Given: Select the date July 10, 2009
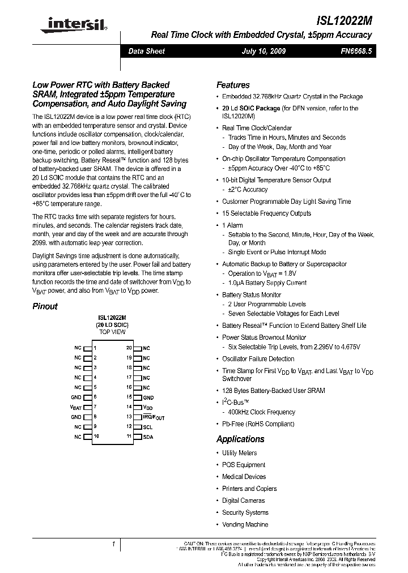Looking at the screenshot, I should coord(263,51).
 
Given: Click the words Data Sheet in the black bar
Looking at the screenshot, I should coord(146,51).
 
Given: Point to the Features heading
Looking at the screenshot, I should coord(233,84).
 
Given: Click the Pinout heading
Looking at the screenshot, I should coord(45,306).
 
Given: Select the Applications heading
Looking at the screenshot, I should coord(240,439).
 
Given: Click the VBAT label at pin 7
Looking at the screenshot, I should coord(76,407).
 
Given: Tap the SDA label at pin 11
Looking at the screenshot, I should coord(147,437).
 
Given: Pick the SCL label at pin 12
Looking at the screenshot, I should coord(147,427).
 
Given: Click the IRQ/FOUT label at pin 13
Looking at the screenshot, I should coord(154,417).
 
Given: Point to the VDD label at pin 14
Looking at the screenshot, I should coord(147,408).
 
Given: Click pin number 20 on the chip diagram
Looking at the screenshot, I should coord(129,348).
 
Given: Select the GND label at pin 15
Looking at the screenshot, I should coord(148,397).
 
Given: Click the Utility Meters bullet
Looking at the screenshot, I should coord(239,453).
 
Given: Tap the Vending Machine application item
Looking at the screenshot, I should coord(245,524).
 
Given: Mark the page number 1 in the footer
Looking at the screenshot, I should coord(113,544).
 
